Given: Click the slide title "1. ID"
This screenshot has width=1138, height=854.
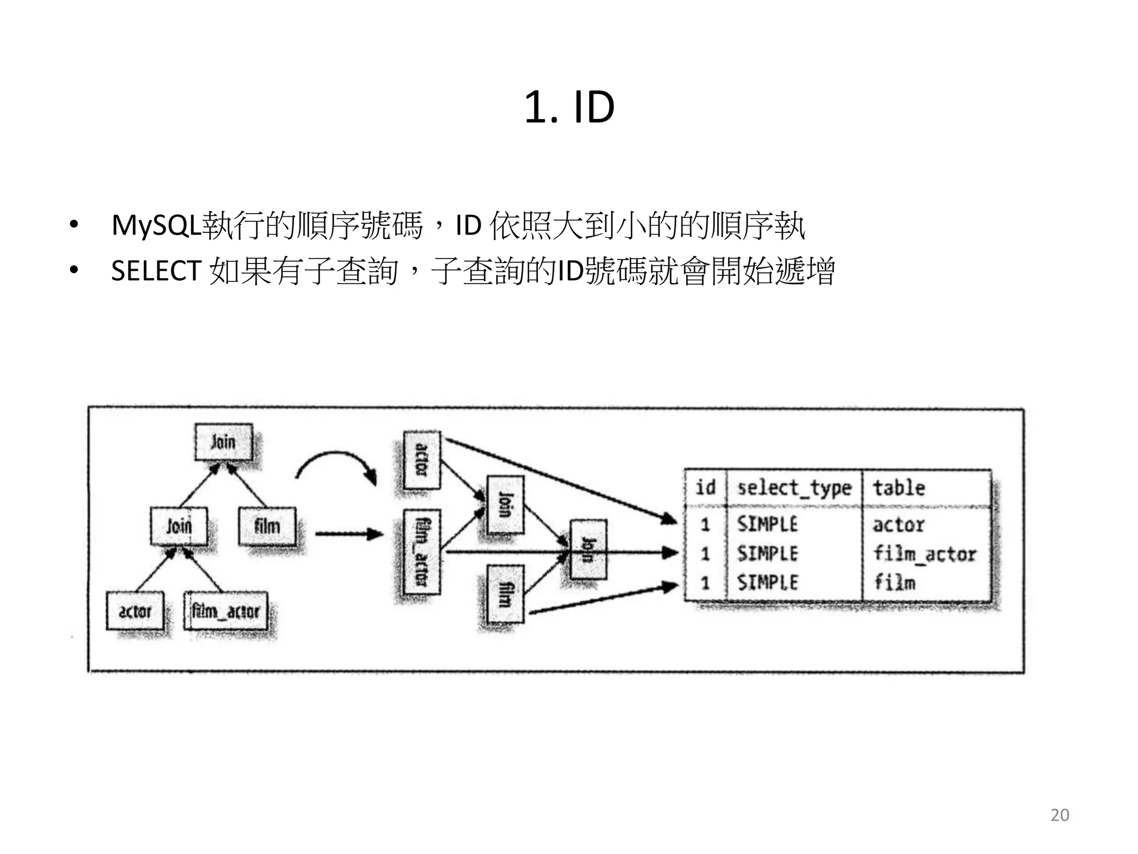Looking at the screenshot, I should pos(569,107).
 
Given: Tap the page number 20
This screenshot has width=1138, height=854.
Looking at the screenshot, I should pos(1059,815).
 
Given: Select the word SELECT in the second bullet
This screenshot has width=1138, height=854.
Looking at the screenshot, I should pos(156,271).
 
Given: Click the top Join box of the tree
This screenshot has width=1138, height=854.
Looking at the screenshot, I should pos(223,443).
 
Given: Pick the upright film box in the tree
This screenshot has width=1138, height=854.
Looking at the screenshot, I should pos(267,526).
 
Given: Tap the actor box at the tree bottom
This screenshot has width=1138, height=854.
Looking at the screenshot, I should pos(135,611).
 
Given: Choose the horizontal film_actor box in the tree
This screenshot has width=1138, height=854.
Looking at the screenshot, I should pos(226,612).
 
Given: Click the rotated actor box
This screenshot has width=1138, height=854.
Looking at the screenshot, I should pos(422,460).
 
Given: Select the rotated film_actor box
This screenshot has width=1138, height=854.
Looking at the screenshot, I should pos(422,552).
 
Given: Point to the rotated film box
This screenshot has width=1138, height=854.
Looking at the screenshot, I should pos(505,594).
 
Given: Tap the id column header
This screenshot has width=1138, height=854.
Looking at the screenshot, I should pos(705,488).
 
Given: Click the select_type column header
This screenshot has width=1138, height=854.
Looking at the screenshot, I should pos(794,488).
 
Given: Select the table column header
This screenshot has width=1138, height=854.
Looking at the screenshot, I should pos(899,488).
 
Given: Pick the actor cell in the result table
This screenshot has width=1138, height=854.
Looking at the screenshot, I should pos(899,525).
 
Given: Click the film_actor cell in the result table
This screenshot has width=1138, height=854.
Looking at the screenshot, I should pos(925,554).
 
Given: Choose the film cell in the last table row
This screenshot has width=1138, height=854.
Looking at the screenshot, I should pos(895,583).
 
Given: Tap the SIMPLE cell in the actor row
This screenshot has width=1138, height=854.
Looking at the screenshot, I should pos(767,524).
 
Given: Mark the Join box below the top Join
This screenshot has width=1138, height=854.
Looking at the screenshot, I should pos(179,526).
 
